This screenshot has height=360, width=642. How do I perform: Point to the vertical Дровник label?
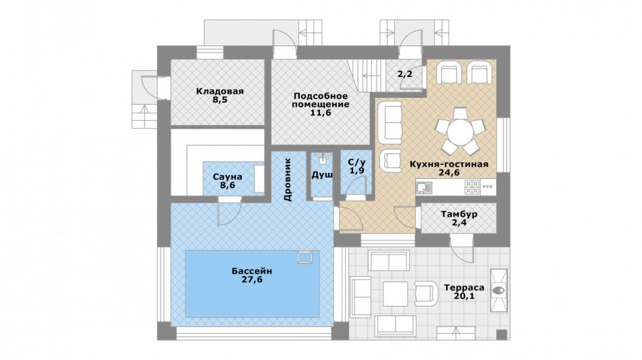[288, 180]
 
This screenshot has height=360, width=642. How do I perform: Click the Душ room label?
[322, 175]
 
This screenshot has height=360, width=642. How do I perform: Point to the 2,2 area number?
[405, 74]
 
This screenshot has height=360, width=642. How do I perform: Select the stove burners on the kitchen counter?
[472, 187]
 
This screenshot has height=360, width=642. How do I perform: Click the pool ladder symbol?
[304, 257]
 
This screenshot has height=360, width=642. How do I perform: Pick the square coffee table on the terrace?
[395, 294]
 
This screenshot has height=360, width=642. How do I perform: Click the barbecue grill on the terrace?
[498, 290]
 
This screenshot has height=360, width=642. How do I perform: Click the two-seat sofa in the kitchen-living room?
[390, 122]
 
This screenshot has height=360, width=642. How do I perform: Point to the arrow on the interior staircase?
[371, 76]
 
